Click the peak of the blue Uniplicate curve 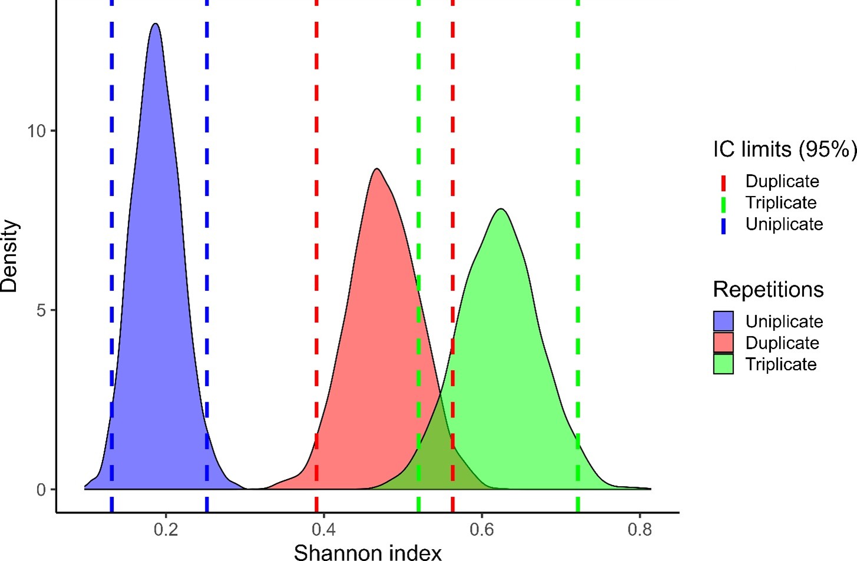tap(155, 24)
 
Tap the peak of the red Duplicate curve tap(377, 170)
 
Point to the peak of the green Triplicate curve tap(501, 210)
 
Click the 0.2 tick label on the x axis tap(166, 530)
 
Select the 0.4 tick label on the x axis tap(323, 530)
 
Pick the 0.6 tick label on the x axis tap(482, 530)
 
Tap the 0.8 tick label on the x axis tap(640, 530)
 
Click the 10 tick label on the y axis tap(37, 131)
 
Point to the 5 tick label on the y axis tap(41, 310)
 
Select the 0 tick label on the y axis tap(41, 490)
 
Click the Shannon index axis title tap(368, 553)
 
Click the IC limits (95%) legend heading tap(784, 150)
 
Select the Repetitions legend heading tap(768, 290)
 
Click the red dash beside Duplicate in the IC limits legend tap(723, 182)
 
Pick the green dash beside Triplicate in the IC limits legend tap(723, 204)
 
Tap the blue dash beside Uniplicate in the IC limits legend tap(723, 225)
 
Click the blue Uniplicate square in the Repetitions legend tap(723, 321)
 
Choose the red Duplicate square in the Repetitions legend tap(723, 343)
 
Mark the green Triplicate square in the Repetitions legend tap(723, 364)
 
